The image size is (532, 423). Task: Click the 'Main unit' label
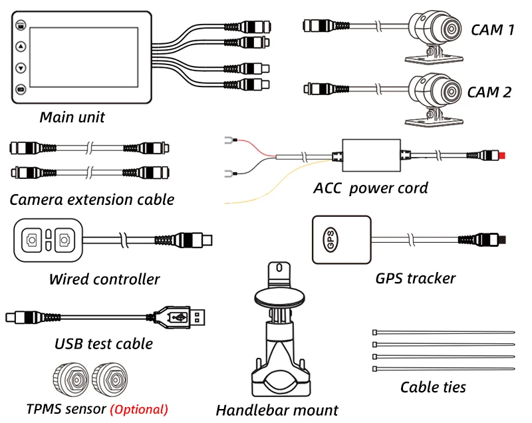point(72,118)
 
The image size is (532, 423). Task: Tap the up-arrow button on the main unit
point(21,47)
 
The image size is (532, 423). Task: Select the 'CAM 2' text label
point(489,92)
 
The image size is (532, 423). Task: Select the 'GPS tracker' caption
point(415,278)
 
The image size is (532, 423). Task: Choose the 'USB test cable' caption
point(104,344)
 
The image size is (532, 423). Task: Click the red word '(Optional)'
point(139,409)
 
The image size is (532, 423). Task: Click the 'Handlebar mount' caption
point(277,410)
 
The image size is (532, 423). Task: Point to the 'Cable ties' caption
point(433,387)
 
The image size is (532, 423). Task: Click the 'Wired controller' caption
point(104,279)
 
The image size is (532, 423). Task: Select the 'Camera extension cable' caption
point(92,199)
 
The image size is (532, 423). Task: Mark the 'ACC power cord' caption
point(370,188)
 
